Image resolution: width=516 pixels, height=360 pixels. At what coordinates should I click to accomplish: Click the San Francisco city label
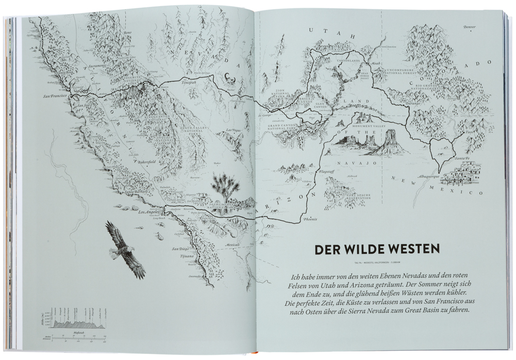click(x=57, y=96)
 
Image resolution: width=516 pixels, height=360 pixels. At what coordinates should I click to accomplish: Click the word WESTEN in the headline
click(x=408, y=249)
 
